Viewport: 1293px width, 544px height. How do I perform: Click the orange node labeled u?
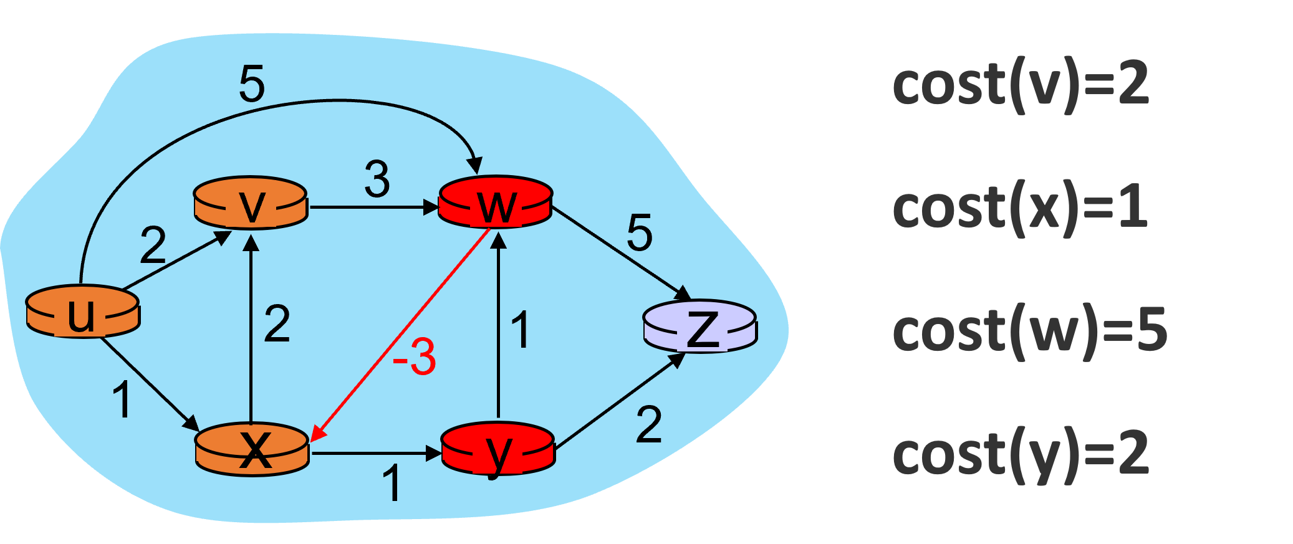point(82,312)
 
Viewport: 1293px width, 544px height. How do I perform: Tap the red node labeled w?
point(496,202)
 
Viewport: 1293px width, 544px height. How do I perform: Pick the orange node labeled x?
point(252,449)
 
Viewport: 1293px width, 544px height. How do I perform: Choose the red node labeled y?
point(497,449)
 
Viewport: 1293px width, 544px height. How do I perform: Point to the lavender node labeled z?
point(699,327)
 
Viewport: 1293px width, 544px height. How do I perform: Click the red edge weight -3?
point(415,357)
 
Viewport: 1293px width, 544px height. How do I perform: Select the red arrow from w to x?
point(399,336)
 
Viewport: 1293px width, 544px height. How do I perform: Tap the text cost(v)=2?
point(1020,85)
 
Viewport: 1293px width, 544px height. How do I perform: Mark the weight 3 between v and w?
point(377,179)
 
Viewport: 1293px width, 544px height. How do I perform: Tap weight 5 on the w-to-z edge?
point(640,233)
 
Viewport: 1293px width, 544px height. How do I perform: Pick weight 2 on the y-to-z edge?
point(648,425)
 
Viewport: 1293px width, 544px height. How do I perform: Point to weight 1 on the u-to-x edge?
point(122,399)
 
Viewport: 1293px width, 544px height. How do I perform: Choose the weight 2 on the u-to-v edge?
point(153,246)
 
